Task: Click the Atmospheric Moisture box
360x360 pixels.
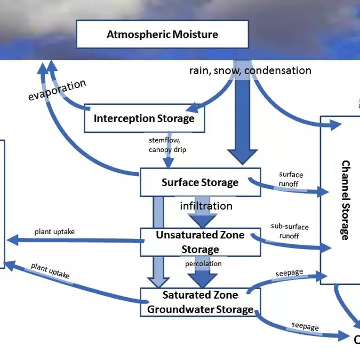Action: coord(162,34)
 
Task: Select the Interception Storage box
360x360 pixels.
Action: coord(144,118)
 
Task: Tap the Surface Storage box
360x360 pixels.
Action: coord(200,182)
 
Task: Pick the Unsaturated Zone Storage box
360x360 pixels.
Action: coord(200,242)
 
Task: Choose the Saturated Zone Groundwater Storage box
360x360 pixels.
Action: coord(200,302)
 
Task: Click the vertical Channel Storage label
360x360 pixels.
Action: coord(345,200)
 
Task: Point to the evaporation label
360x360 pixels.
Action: coord(57,90)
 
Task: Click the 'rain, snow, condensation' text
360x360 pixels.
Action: coord(250,70)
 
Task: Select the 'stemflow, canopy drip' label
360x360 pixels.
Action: coord(167,145)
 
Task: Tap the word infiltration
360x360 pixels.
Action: coord(206,206)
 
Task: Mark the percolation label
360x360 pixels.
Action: coord(203,263)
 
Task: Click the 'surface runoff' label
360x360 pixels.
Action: coord(291,179)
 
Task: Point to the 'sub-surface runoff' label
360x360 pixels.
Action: coord(290,231)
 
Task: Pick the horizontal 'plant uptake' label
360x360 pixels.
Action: coord(55,231)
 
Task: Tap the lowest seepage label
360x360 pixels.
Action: coord(305,326)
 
